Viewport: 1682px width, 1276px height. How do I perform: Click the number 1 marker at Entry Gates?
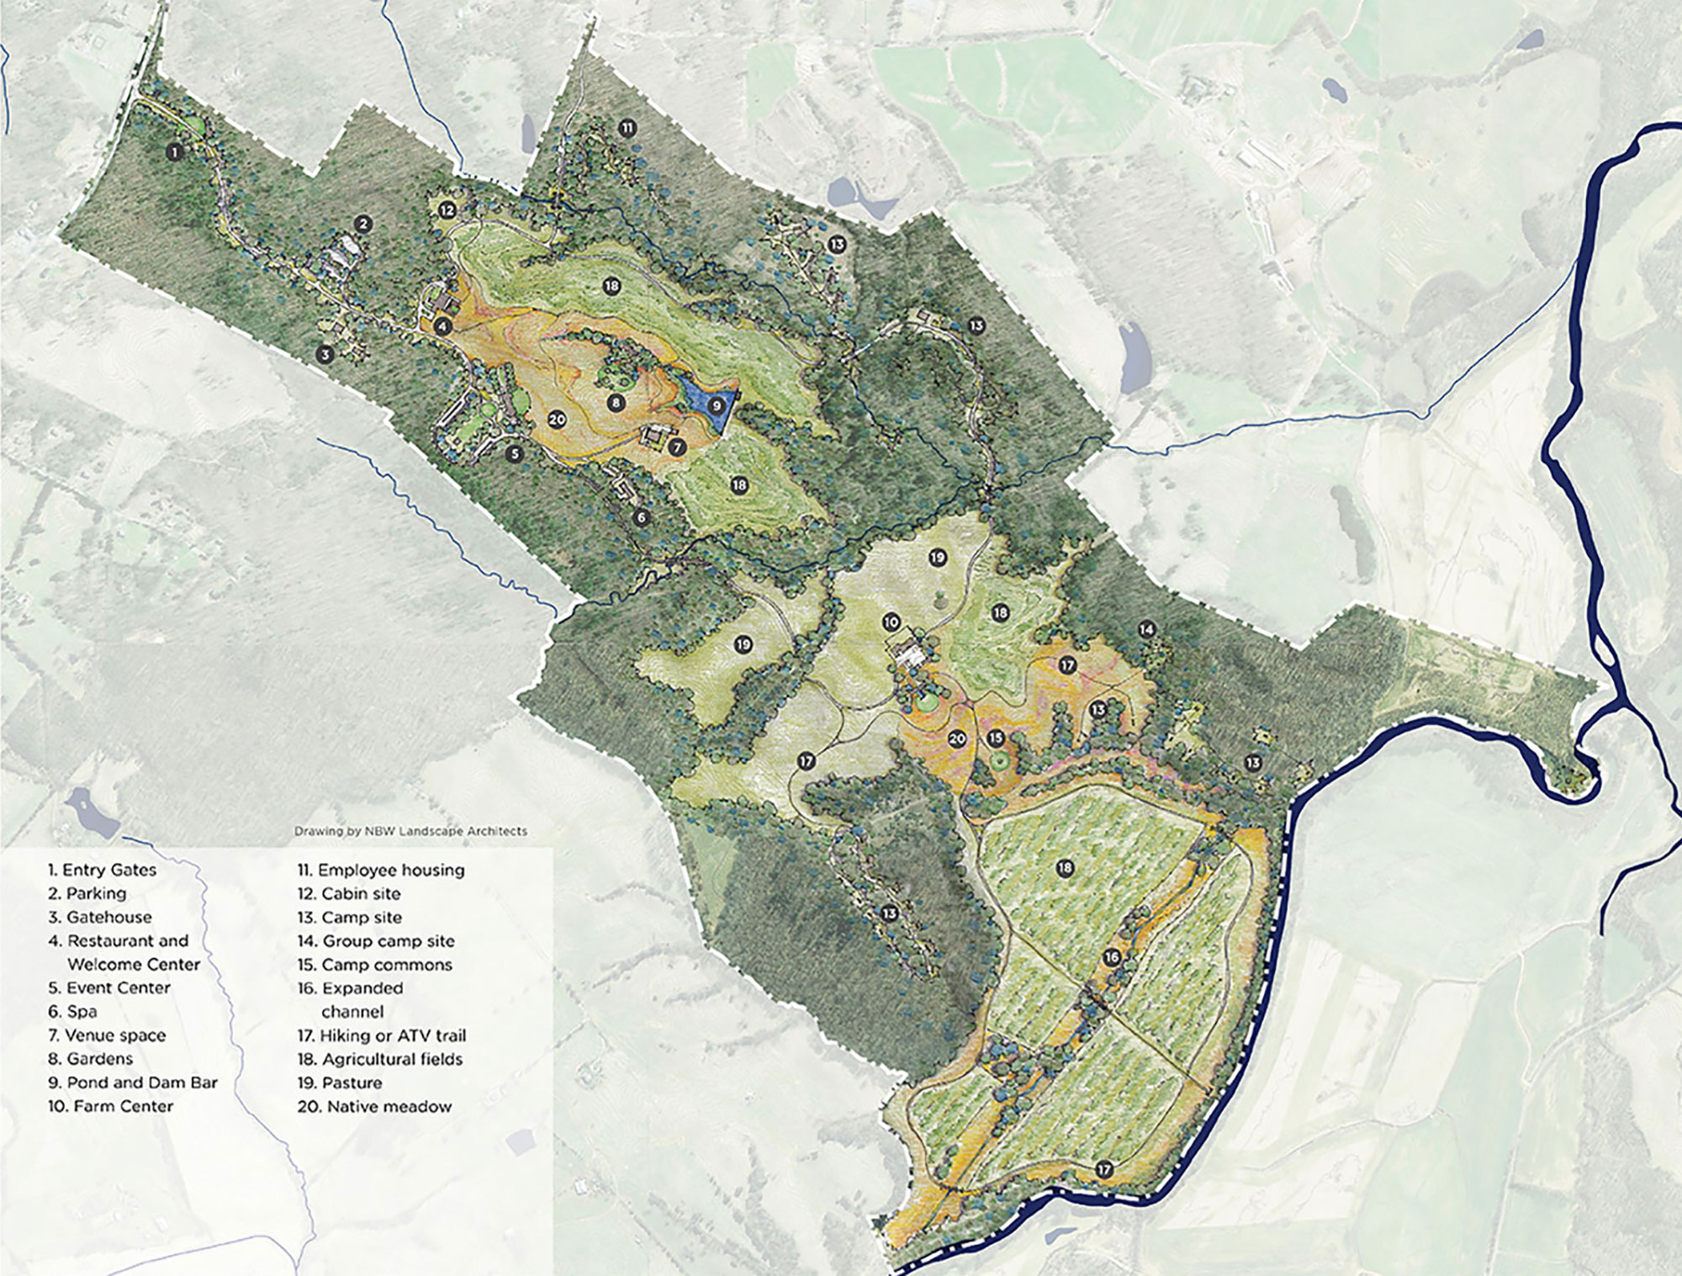tap(174, 152)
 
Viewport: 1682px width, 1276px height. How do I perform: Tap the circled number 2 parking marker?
tap(363, 224)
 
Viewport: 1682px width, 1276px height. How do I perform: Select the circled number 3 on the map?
tap(325, 354)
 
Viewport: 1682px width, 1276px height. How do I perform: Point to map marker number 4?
tap(443, 326)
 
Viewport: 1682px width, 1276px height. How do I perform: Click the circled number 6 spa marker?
tap(642, 517)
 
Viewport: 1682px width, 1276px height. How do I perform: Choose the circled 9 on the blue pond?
tap(716, 405)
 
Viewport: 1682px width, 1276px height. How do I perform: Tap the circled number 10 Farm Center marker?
tap(891, 622)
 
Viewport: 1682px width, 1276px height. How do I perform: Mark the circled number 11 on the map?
tap(627, 129)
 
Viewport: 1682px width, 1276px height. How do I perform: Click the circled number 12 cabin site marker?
tap(447, 209)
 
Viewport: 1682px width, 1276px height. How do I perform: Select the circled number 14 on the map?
tap(1145, 629)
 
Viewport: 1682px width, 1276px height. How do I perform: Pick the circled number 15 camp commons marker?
tap(996, 738)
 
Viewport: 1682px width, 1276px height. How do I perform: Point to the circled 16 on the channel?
tap(1112, 957)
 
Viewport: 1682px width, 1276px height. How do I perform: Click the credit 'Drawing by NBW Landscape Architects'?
tap(410, 831)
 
